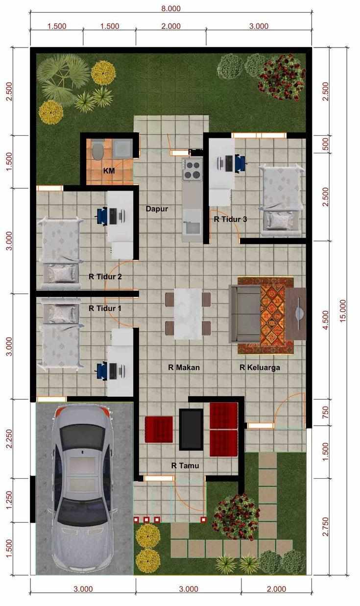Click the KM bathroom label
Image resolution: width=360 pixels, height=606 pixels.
[x=109, y=171]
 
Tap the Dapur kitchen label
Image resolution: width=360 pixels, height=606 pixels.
[x=157, y=209]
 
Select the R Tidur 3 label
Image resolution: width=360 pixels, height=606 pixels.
[x=230, y=219]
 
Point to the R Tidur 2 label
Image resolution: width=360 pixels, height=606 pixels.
[x=105, y=276]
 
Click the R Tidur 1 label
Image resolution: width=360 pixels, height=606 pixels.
[x=105, y=309]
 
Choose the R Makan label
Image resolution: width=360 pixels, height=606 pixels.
[x=184, y=367]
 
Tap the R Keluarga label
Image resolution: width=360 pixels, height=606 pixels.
[x=260, y=367]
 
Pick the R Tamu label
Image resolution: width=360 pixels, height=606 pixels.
[x=185, y=465]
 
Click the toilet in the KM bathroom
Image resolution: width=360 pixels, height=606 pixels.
[x=97, y=149]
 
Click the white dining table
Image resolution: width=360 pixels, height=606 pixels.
[x=188, y=313]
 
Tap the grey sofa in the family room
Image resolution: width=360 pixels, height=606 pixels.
[x=244, y=315]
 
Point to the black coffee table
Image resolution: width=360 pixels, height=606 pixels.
[x=191, y=429]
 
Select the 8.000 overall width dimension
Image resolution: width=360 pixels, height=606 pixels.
[x=170, y=8]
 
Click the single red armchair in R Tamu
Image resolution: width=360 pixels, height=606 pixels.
[x=159, y=429]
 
